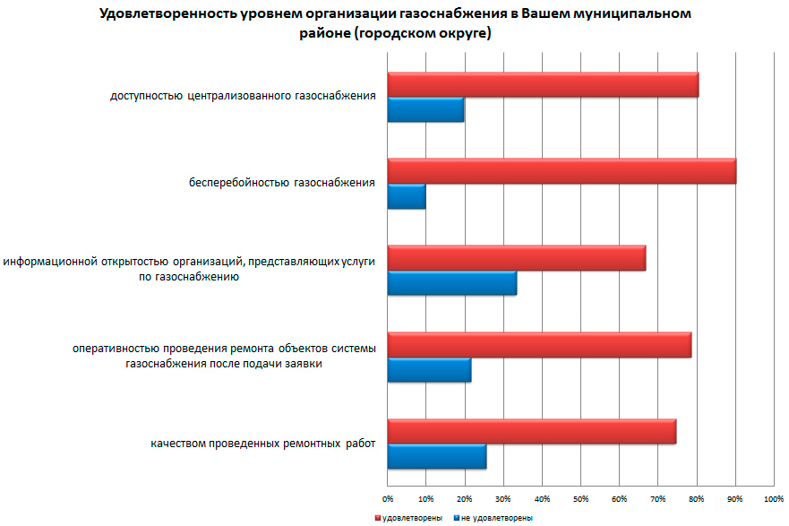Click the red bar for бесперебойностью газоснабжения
tap(562, 171)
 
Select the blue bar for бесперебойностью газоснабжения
tap(407, 196)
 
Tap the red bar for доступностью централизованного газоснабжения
tap(543, 84)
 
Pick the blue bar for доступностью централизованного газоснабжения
tap(425, 109)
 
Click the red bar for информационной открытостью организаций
tap(517, 258)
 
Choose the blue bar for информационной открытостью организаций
tap(452, 283)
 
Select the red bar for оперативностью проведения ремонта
tap(539, 345)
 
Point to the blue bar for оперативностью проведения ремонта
tap(429, 369)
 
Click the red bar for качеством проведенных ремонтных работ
tap(532, 431)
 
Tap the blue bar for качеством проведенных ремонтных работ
tap(437, 456)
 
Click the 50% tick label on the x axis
tap(580, 497)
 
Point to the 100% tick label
tap(773, 497)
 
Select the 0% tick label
tap(388, 497)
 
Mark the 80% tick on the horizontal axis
tap(696, 497)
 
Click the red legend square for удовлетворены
tap(378, 518)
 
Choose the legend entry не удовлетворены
tap(497, 518)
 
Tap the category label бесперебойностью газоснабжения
tap(281, 184)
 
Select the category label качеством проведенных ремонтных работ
tap(262, 444)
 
